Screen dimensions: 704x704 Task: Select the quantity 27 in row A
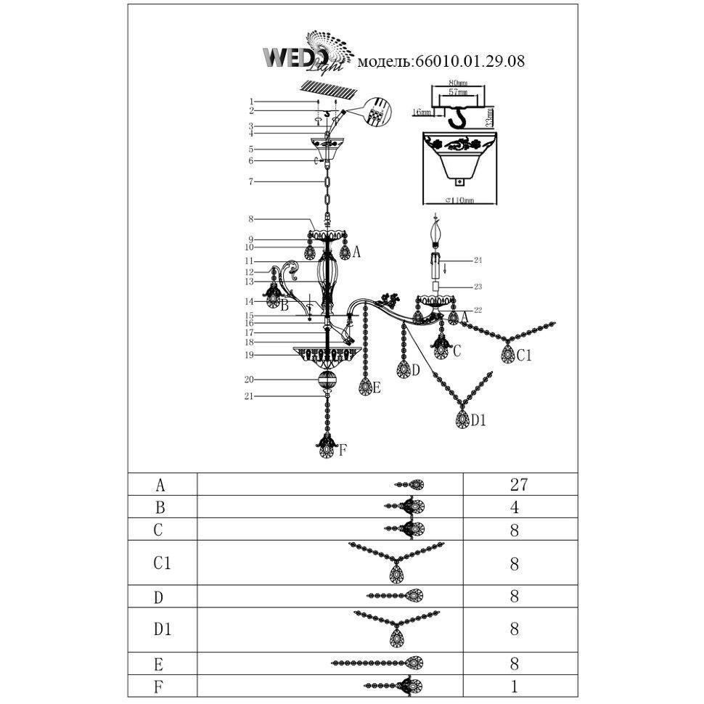[519, 485]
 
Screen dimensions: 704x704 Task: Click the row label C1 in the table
[162, 562]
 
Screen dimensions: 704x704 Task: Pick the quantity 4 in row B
[515, 507]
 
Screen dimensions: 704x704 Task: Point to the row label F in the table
[160, 684]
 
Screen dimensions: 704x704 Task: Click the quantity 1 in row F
[515, 684]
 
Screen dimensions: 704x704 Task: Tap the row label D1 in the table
[162, 629]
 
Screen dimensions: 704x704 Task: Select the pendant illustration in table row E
[377, 662]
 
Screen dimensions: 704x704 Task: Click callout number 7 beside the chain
[250, 181]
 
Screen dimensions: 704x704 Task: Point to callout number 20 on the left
[250, 380]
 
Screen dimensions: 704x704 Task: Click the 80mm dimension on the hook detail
[457, 83]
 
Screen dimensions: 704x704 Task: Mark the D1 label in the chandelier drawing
[478, 419]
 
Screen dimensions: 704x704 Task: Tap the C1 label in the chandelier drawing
[525, 355]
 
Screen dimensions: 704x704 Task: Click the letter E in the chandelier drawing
[377, 388]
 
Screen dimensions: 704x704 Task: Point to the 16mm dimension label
[420, 113]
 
